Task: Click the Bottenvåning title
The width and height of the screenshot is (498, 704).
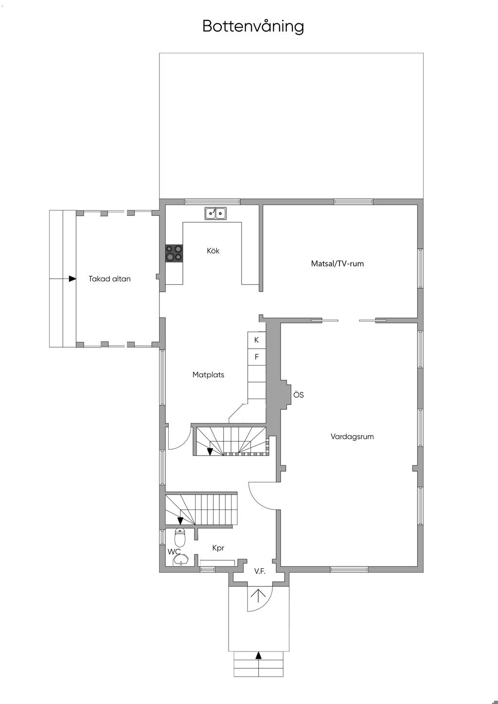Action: click(x=253, y=26)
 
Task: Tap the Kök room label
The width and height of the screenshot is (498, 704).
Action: click(x=213, y=251)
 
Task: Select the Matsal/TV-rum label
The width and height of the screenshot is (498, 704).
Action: click(x=338, y=264)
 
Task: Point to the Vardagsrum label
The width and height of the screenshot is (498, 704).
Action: click(x=352, y=437)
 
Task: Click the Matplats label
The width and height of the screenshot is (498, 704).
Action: click(x=208, y=375)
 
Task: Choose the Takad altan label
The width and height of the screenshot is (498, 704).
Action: click(x=109, y=279)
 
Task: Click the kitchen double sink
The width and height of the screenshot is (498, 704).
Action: click(x=215, y=213)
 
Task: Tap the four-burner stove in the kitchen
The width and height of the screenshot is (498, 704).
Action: click(x=174, y=253)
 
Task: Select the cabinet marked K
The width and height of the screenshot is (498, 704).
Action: click(x=257, y=340)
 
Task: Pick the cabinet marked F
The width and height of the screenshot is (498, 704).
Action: click(x=257, y=357)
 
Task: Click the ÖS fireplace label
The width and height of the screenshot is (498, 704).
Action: click(x=299, y=395)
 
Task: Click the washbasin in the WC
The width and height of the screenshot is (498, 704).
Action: click(x=181, y=560)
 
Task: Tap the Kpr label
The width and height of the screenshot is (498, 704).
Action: click(x=218, y=548)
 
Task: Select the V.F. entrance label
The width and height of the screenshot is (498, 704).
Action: click(x=260, y=572)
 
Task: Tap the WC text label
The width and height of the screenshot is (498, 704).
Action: click(x=174, y=551)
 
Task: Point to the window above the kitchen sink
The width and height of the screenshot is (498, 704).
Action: click(x=212, y=201)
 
